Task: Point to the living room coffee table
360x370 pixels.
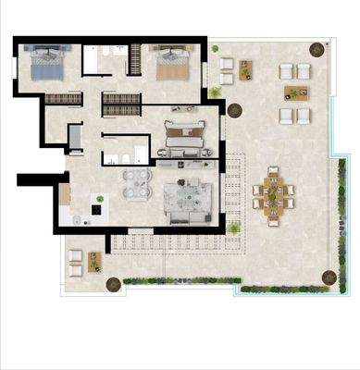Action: [x=190, y=194]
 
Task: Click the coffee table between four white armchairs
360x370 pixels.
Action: [x=297, y=92]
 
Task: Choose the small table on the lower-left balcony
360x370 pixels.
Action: [x=94, y=263]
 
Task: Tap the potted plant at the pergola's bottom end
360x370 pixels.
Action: [x=237, y=224]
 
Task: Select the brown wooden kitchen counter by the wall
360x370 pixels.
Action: [x=65, y=194]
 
